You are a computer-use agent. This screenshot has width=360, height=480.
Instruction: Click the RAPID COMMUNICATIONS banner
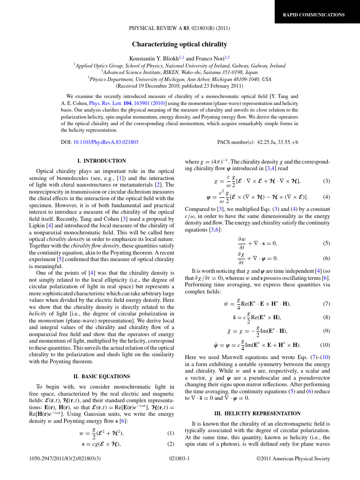[313, 15]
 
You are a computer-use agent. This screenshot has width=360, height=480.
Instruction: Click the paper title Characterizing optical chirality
[180, 45]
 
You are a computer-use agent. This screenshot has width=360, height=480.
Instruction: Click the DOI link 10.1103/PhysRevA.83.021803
[105, 142]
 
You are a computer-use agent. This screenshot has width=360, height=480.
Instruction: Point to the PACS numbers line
[257, 142]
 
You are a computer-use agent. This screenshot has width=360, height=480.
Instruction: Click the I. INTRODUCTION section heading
[101, 161]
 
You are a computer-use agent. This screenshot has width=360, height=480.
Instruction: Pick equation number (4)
[326, 197]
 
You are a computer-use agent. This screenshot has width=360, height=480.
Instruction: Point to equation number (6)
[326, 258]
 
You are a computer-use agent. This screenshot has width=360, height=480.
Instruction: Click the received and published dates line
[180, 86]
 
